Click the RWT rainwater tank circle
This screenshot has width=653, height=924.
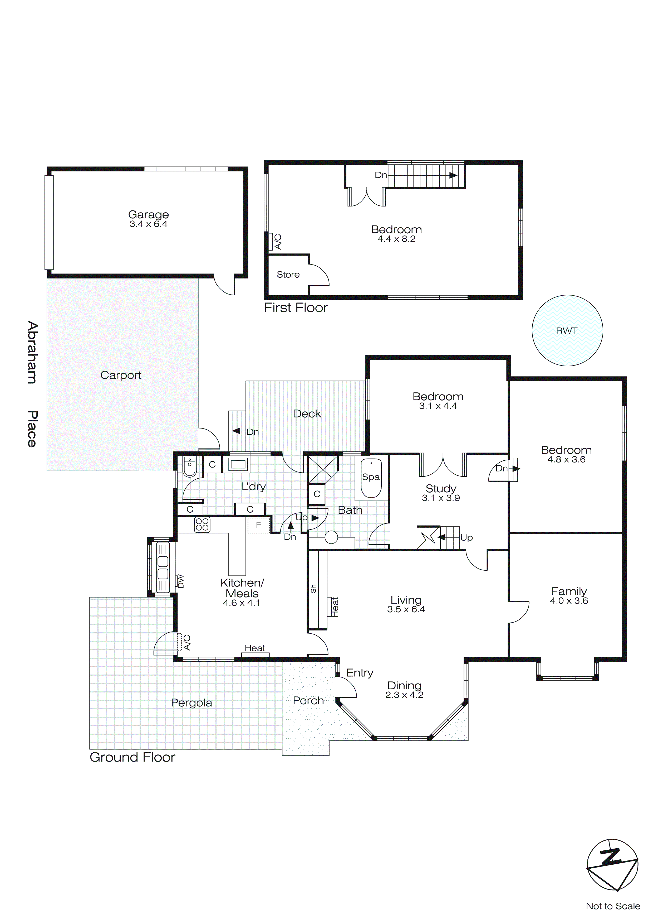tap(567, 330)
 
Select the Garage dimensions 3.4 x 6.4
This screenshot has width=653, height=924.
tap(148, 224)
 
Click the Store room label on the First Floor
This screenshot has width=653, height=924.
tap(288, 275)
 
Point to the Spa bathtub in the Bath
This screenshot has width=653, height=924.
tap(371, 478)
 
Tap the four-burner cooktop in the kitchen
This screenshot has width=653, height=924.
tap(202, 524)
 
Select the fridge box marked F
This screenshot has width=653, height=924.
tap(258, 525)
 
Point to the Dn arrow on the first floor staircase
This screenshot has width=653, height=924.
tap(453, 175)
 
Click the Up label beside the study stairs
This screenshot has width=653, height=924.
tap(467, 538)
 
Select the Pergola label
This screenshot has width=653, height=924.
tap(192, 703)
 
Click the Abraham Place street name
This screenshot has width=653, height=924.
tap(32, 384)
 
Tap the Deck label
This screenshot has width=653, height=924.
tap(307, 414)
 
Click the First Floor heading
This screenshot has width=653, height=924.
tap(296, 308)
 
